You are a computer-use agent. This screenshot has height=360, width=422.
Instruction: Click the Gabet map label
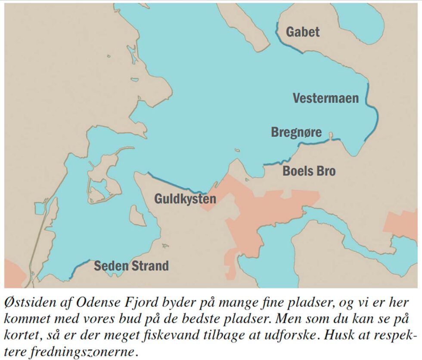[303, 32]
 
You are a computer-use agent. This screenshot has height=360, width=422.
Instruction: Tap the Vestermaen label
[326, 98]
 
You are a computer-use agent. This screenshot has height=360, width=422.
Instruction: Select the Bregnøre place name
[296, 132]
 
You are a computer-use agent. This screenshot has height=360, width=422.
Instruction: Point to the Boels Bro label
[309, 171]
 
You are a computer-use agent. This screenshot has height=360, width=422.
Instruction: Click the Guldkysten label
[185, 199]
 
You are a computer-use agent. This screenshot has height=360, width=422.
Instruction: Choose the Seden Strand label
[131, 265]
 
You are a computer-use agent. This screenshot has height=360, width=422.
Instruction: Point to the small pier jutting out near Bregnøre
[331, 136]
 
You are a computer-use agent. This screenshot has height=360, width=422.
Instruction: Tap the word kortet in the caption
[21, 335]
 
